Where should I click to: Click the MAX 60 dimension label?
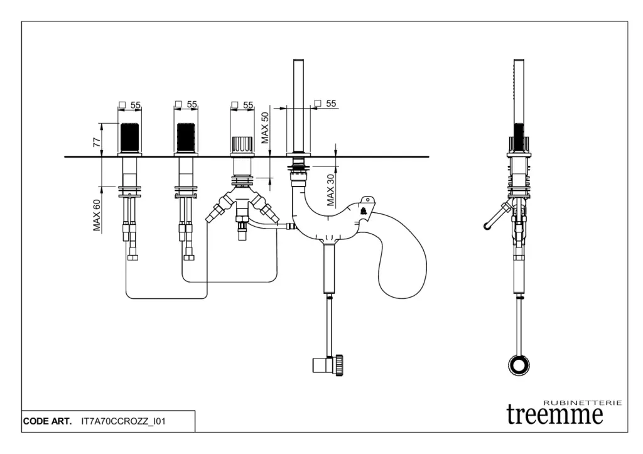(97, 215)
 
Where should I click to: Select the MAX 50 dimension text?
(265, 127)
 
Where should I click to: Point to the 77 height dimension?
(97, 142)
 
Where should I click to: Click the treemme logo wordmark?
(554, 414)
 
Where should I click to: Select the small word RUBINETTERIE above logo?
(582, 402)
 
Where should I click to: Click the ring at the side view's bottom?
(519, 365)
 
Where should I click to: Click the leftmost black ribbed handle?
(129, 136)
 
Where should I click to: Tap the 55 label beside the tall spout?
(331, 104)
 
